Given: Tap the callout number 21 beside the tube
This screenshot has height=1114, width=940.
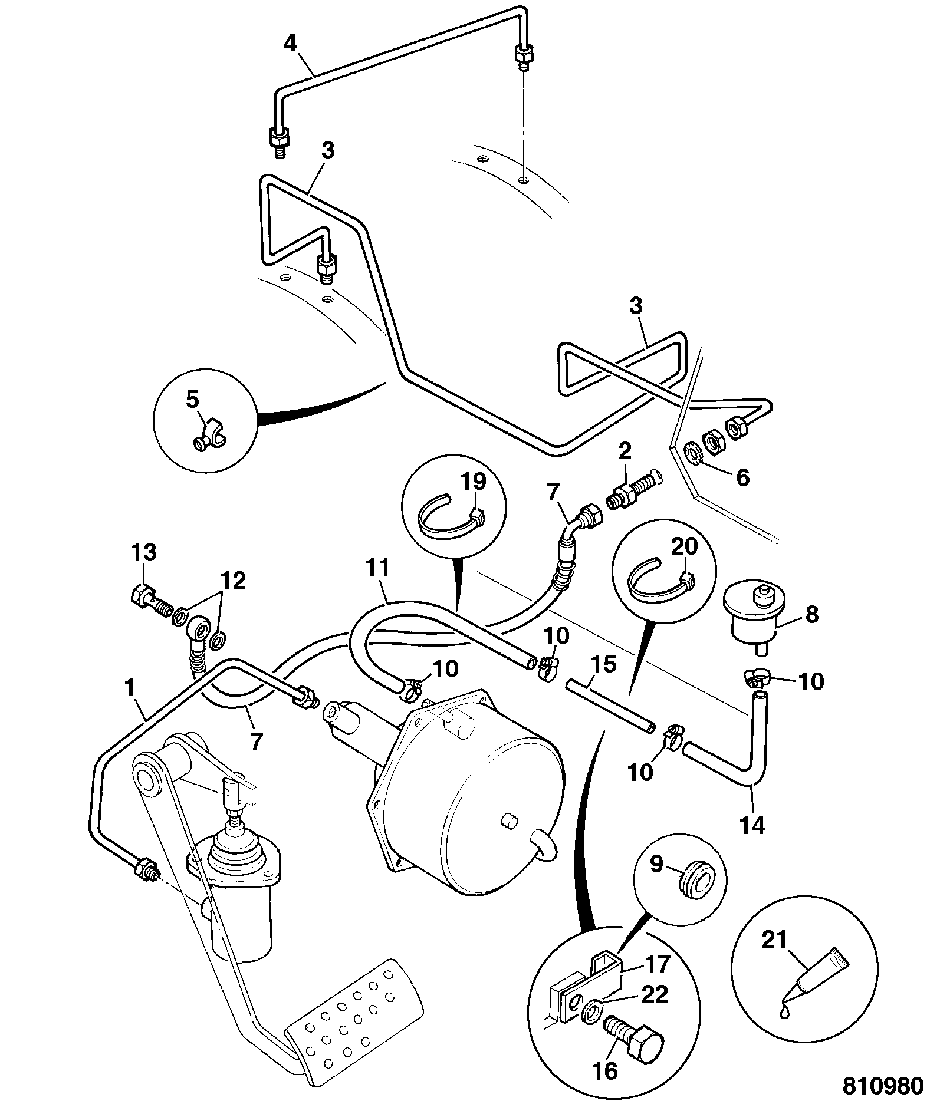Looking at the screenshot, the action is [775, 941].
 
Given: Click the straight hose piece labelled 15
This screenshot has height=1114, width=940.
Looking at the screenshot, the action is [610, 707].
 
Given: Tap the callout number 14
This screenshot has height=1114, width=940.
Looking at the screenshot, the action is [753, 825].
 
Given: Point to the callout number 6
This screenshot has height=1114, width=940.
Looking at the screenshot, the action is [743, 477].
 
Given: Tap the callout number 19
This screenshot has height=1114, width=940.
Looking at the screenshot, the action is [473, 482].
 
